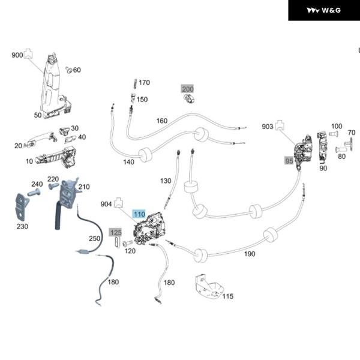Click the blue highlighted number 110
pyautogui.click(x=139, y=214)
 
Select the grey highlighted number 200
pyautogui.click(x=188, y=89)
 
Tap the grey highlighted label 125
pyautogui.click(x=116, y=233)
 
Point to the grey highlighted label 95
pyautogui.click(x=289, y=161)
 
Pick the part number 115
pyautogui.click(x=228, y=296)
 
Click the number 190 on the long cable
pyautogui.click(x=250, y=254)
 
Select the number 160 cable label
pyautogui.click(x=162, y=121)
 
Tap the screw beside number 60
pyautogui.click(x=68, y=70)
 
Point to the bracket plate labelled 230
pyautogui.click(x=22, y=207)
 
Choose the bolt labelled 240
pyautogui.click(x=34, y=193)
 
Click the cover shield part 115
pyautogui.click(x=209, y=287)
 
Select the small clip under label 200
pyautogui.click(x=189, y=100)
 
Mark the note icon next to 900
pyautogui.click(x=28, y=53)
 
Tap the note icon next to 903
pyautogui.click(x=280, y=125)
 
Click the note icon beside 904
pyautogui.click(x=118, y=203)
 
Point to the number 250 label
pyautogui.click(x=95, y=238)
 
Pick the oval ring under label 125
pyautogui.click(x=117, y=242)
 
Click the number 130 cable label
pyautogui.click(x=166, y=181)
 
